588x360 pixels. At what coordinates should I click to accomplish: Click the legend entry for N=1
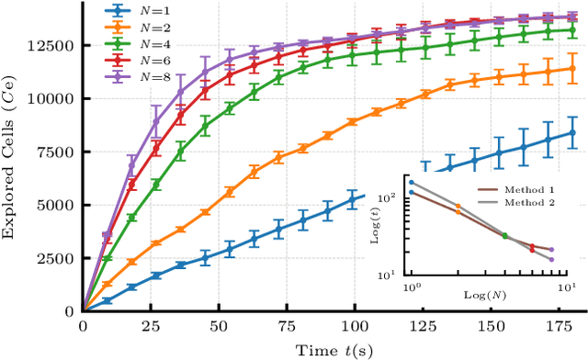133,12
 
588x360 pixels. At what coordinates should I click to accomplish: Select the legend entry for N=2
133,28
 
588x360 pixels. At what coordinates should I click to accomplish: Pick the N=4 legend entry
133,43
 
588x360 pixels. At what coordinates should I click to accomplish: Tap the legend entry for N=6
133,59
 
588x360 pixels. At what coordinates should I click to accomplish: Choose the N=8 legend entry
133,74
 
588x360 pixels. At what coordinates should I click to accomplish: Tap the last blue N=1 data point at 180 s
571,132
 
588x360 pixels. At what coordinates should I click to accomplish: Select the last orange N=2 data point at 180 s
571,68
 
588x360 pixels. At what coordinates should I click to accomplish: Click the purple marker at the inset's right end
551,260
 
